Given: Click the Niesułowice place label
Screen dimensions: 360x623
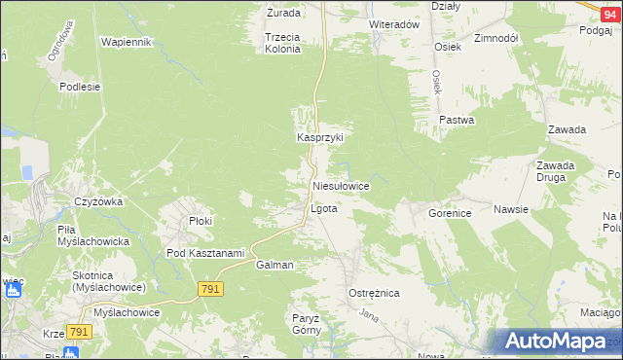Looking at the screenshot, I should [x=340, y=185].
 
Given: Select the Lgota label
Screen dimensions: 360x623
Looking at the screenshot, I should [x=323, y=209].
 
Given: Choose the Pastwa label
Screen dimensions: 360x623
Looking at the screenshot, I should [x=457, y=121].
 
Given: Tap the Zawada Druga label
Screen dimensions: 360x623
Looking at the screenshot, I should [x=555, y=171].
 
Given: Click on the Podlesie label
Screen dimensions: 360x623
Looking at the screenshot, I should [x=80, y=87].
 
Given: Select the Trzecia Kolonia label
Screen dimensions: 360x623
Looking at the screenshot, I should [x=283, y=43].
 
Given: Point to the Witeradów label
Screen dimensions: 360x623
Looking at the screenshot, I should [x=393, y=24].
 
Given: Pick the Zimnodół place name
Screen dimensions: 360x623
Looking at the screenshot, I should [x=495, y=38].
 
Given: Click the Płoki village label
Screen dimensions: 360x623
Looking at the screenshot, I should [x=201, y=221].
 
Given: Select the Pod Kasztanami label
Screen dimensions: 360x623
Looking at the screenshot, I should [x=204, y=254].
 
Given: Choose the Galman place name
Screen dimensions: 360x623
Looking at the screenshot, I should [x=275, y=265].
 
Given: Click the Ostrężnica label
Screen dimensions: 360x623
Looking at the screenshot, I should [x=374, y=293].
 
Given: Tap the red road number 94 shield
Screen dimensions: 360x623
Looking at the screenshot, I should [x=608, y=7].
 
